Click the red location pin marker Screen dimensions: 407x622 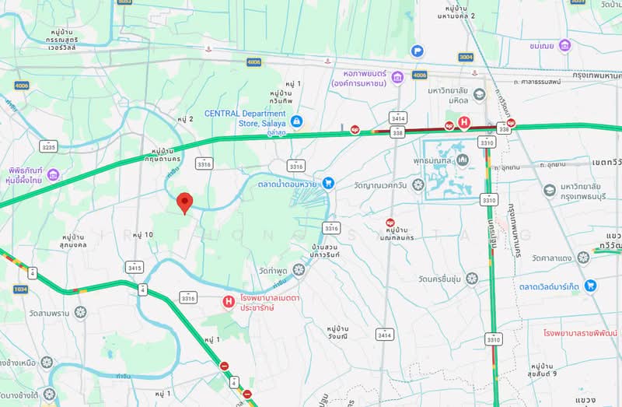point(184,202)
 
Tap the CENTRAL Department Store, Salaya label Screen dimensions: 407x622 point(245,118)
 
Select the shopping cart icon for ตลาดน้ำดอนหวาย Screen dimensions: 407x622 point(329,183)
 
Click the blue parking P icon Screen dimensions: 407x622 point(418,51)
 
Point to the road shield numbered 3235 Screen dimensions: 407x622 point(49,146)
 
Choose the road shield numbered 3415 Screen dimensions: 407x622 point(135,268)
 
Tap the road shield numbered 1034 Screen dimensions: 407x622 point(19,289)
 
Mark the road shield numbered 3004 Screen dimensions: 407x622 point(466,57)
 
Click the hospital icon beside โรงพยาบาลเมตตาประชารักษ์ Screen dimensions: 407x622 point(229,301)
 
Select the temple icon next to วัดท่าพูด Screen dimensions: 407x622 point(299,269)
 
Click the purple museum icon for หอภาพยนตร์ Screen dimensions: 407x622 point(397,77)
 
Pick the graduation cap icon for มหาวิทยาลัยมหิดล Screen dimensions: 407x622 point(480,95)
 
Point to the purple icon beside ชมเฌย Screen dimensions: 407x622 point(564,45)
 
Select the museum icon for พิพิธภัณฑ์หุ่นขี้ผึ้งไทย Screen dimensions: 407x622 point(53,174)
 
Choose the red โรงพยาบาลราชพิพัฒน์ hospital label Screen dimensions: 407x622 point(581,332)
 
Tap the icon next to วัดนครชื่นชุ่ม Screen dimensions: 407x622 point(472,278)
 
